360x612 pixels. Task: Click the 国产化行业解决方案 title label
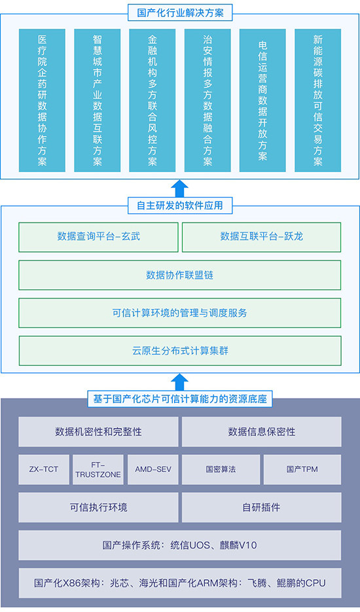180,13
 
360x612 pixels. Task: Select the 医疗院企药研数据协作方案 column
42,100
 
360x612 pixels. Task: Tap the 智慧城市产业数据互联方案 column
98,100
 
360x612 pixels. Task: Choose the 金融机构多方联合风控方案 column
153,100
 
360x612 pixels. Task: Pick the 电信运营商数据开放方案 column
262,100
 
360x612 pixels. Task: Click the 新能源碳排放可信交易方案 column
318,100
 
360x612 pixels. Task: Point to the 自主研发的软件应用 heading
180,206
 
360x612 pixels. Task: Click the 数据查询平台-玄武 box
98,237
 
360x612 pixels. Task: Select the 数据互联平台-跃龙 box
262,237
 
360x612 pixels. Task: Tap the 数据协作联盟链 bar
179,275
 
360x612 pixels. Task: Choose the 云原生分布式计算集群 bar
179,350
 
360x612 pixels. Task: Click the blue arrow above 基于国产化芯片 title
179,382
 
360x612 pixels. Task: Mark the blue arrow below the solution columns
179,188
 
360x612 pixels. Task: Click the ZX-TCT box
44,469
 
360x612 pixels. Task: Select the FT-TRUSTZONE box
98,469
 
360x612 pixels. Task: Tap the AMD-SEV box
153,469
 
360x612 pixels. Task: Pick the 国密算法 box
221,469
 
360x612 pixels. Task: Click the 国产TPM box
302,469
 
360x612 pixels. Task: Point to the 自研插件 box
262,507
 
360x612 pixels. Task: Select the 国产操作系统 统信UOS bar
179,545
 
